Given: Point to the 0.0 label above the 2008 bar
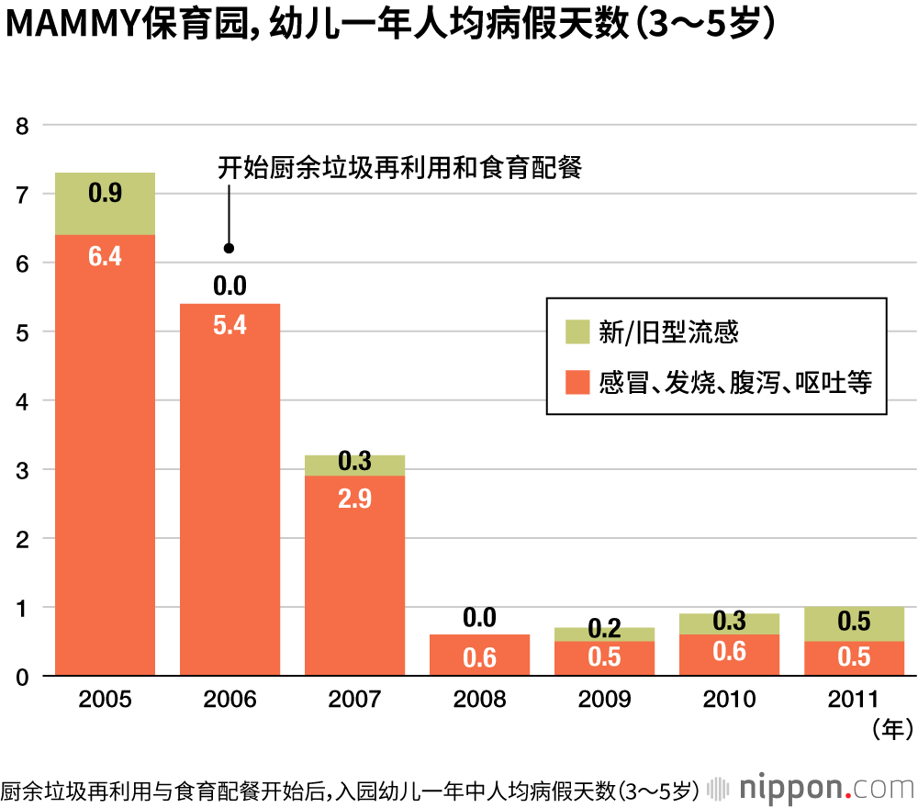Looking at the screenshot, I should pyautogui.click(x=479, y=617).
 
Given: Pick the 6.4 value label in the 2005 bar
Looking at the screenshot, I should pyautogui.click(x=105, y=256).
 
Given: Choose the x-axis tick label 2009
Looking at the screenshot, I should pyautogui.click(x=604, y=701).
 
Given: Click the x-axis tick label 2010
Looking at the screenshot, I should pyautogui.click(x=729, y=701).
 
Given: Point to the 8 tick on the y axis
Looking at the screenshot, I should pyautogui.click(x=22, y=126).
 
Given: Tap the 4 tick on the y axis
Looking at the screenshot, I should pyautogui.click(x=22, y=401).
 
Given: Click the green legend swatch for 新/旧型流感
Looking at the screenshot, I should pyautogui.click(x=577, y=332).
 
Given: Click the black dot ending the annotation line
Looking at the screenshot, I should pyautogui.click(x=229, y=248).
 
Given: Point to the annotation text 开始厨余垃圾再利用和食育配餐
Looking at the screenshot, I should pyautogui.click(x=400, y=169).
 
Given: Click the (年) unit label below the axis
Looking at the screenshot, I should pyautogui.click(x=890, y=731).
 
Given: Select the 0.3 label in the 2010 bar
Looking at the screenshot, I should pyautogui.click(x=729, y=622).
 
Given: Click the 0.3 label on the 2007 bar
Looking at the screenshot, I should pyautogui.click(x=354, y=462).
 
